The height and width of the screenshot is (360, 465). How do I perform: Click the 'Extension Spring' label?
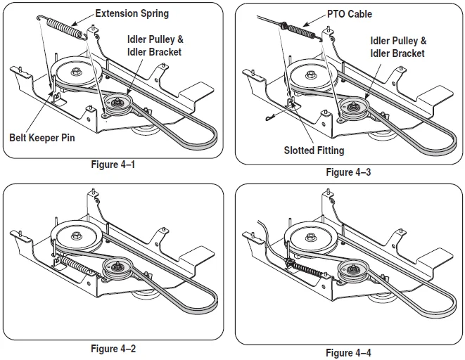coord(132,13)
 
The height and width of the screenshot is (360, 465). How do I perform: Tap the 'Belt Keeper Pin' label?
coord(42,138)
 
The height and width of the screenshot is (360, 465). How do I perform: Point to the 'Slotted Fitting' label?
coord(314,150)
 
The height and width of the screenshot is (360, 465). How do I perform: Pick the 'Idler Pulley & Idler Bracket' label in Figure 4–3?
coord(398,47)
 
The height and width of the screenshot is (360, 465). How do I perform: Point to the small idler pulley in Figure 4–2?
coord(115,268)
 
